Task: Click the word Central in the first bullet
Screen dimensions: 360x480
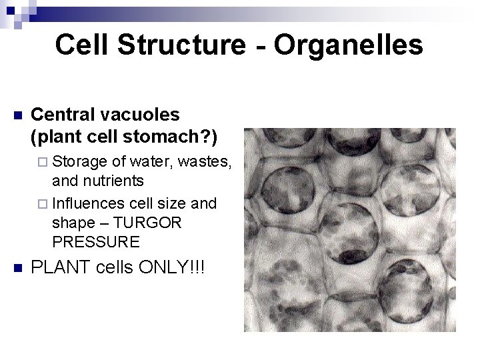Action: tap(61, 114)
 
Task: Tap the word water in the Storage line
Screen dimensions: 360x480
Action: tap(153, 163)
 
